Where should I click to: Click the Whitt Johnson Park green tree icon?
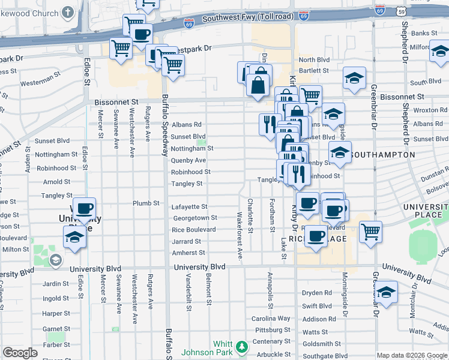pyautogui.click(x=241, y=347)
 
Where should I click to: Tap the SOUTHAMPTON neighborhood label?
pyautogui.click(x=382, y=155)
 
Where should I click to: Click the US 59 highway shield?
pyautogui.click(x=409, y=10)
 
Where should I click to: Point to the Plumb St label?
pyautogui.click(x=146, y=203)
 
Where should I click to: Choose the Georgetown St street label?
pyautogui.click(x=194, y=218)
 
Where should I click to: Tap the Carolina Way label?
pyautogui.click(x=271, y=319)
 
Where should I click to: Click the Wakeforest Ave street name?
pyautogui.click(x=240, y=235)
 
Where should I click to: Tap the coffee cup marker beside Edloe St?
pyautogui.click(x=85, y=209)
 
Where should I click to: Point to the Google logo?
pyautogui.click(x=20, y=353)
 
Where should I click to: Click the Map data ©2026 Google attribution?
pyautogui.click(x=412, y=355)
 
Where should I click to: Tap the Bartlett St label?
pyautogui.click(x=313, y=70)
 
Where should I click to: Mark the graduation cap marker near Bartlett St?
pyautogui.click(x=354, y=77)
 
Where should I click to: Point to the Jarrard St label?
pyautogui.click(x=185, y=241)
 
